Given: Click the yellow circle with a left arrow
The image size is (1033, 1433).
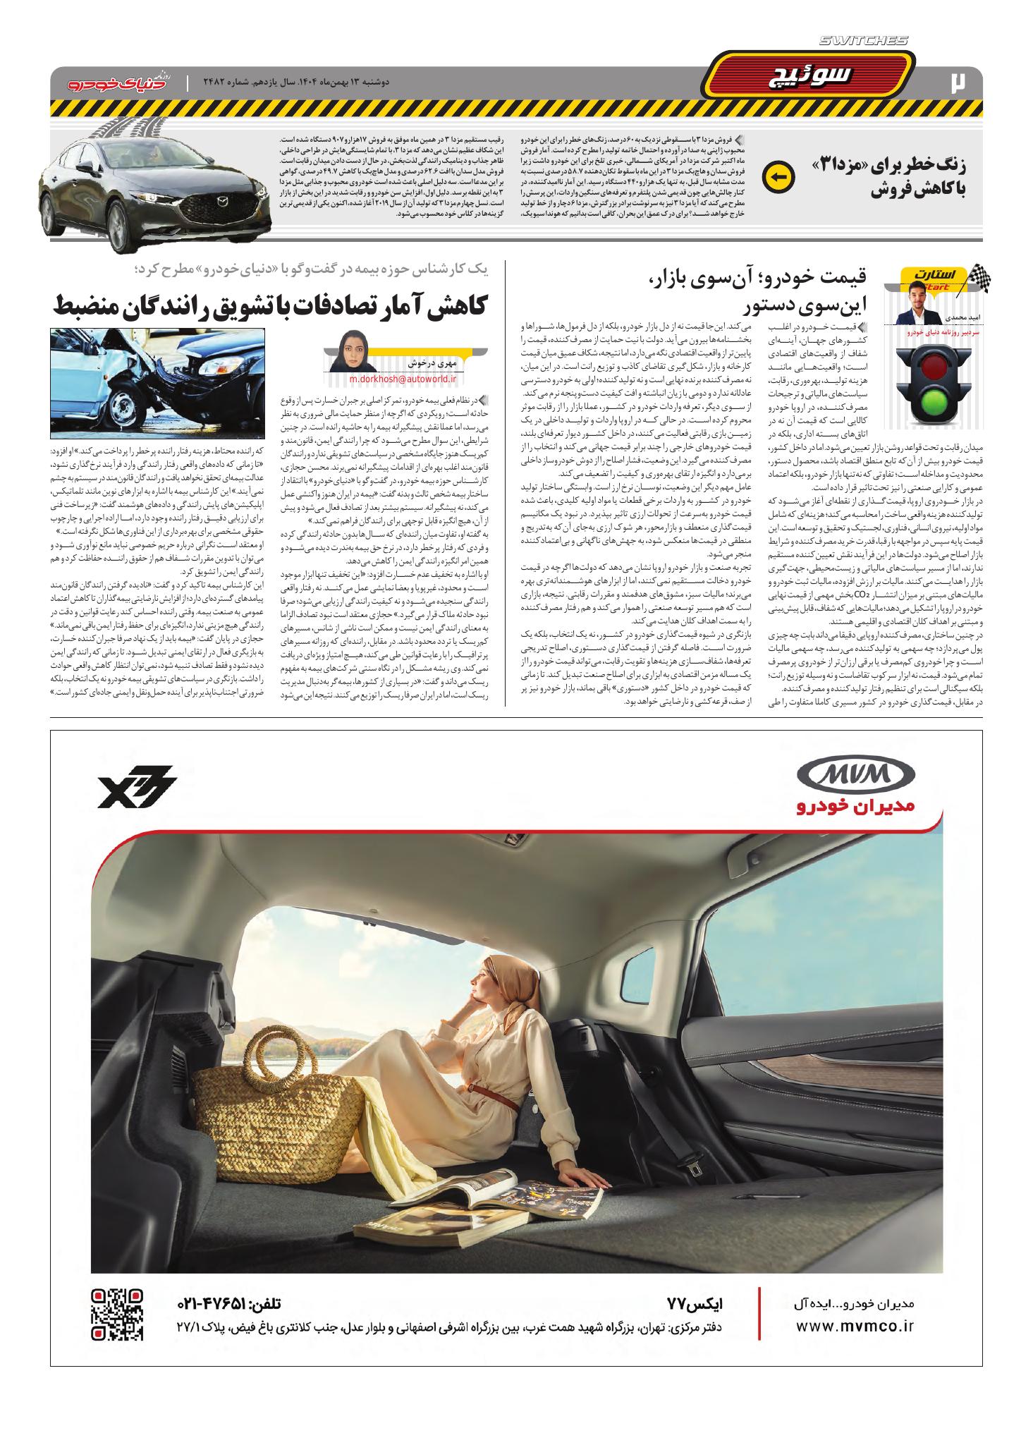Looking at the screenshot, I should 779,177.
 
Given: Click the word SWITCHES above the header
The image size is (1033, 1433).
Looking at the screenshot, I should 863,42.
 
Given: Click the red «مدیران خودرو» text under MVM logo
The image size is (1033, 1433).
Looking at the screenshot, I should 855,806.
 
